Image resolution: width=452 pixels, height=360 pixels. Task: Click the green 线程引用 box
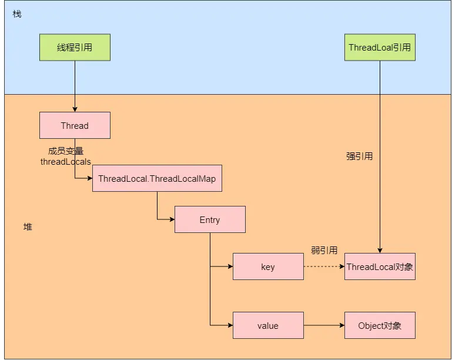tap(75, 48)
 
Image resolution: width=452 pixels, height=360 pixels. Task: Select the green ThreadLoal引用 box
tap(380, 48)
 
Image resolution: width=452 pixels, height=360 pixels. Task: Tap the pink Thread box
tap(75, 125)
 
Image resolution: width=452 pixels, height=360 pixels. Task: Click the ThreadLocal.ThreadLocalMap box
tap(157, 178)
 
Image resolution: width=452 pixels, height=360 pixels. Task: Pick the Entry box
tap(210, 219)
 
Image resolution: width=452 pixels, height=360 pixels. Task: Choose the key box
tap(268, 266)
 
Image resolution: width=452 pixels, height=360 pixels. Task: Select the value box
tap(268, 325)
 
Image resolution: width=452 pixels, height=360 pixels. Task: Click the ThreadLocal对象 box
tap(380, 266)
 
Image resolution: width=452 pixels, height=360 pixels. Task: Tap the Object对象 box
tap(380, 325)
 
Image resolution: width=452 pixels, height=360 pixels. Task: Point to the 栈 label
tap(16, 14)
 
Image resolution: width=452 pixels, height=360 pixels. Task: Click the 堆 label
tap(28, 226)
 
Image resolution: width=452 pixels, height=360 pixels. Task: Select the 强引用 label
tap(359, 156)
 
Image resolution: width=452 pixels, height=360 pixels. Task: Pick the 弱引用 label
tap(324, 251)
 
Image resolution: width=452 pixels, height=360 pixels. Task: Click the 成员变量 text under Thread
tap(65, 151)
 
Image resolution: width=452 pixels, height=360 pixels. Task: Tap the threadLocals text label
tap(65, 161)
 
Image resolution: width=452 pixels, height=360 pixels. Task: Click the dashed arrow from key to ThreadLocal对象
tap(323, 266)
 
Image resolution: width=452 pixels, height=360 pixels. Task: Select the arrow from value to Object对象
tap(323, 325)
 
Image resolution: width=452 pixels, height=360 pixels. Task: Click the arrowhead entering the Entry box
tap(172, 219)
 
